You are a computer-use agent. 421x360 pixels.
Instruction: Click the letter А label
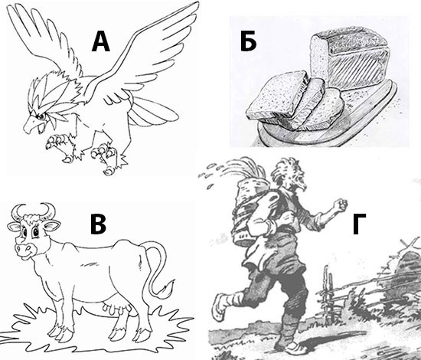(101, 41)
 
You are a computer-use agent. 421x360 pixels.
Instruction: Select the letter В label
(98, 224)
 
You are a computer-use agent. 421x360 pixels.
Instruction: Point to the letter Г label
(359, 224)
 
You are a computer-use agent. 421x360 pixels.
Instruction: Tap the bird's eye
(41, 116)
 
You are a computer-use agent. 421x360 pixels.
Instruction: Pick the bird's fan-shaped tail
(152, 112)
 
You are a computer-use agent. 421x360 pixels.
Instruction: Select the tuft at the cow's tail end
(166, 289)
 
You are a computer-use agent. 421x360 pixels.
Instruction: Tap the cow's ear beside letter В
(51, 225)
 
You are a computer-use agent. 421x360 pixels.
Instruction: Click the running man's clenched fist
(340, 205)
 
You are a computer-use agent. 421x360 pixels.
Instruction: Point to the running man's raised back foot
(220, 306)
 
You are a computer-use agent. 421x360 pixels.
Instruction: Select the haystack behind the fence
(403, 274)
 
